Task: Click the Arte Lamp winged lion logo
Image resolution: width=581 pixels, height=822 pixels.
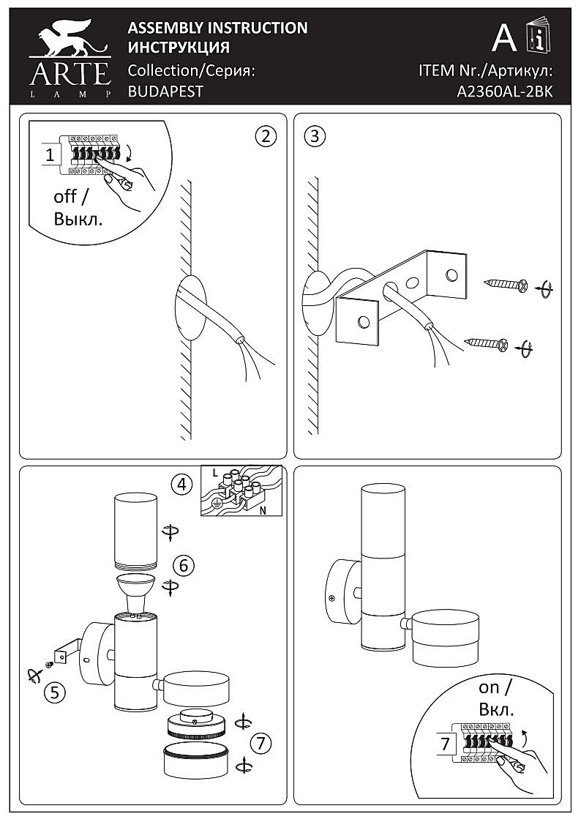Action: click(x=70, y=58)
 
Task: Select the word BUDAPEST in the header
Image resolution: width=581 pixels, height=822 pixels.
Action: click(x=165, y=91)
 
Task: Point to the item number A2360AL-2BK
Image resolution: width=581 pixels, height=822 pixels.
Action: click(x=504, y=91)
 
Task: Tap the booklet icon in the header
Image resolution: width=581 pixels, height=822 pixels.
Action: click(x=537, y=35)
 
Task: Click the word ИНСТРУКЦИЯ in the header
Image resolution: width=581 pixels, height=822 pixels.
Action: click(x=179, y=48)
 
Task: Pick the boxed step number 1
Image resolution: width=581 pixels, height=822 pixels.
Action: click(x=50, y=155)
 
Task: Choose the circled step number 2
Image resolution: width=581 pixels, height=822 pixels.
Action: click(x=266, y=136)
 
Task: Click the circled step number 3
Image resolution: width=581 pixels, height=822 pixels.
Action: click(x=315, y=136)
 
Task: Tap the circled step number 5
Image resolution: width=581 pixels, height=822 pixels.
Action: click(x=55, y=693)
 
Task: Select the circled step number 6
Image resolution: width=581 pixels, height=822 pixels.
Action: click(x=184, y=566)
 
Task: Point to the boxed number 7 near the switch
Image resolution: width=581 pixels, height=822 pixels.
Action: click(x=446, y=744)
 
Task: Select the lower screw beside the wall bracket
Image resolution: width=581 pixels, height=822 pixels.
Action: click(x=487, y=345)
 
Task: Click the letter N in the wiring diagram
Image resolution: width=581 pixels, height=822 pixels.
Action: click(x=262, y=510)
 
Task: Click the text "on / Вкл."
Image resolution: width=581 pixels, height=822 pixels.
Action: click(x=496, y=698)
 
